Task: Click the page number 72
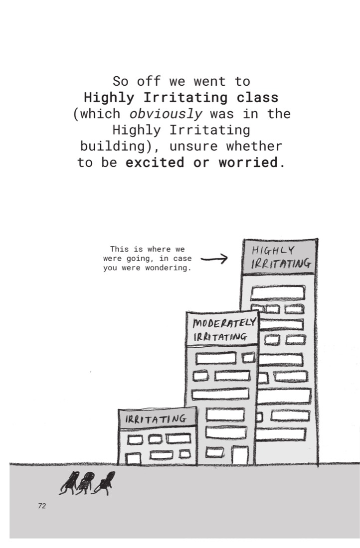pos(42,506)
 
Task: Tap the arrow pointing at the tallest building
pos(214,259)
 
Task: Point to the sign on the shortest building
pos(158,418)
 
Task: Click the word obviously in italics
pos(166,114)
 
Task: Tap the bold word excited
pos(155,162)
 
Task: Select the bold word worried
pos(248,162)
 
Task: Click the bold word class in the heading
pos(257,97)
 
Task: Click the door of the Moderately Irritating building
pos(240,455)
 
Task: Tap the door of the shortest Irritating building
pos(133,458)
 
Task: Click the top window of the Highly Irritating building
pos(277,293)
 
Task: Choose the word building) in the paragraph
pos(117,146)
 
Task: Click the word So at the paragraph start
pos(120,81)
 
